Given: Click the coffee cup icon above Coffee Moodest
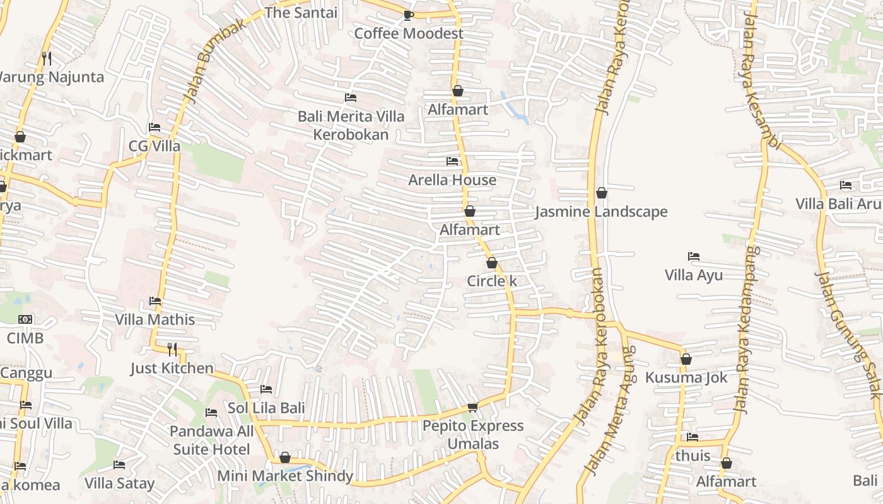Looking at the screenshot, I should [x=408, y=15].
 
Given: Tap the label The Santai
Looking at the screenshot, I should [x=301, y=13].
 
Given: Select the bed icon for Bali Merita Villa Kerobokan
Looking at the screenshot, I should [x=351, y=98].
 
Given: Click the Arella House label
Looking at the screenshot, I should [x=452, y=180].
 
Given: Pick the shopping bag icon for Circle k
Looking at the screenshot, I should [x=492, y=263].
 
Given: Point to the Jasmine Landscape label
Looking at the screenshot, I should [x=601, y=212].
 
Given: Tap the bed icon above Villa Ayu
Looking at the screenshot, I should [x=694, y=256].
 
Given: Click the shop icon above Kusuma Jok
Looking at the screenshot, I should [x=686, y=359].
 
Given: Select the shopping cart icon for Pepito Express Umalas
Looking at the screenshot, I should [x=472, y=408].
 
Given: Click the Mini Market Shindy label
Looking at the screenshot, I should [x=285, y=476].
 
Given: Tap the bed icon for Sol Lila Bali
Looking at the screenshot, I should [x=266, y=389].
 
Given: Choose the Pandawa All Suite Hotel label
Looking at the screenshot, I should [x=211, y=440].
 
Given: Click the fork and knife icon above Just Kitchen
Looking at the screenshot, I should [x=172, y=349].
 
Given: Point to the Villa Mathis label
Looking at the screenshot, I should [x=155, y=319].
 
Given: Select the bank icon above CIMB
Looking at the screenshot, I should [x=25, y=319].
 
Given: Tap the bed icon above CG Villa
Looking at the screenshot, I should [x=155, y=127].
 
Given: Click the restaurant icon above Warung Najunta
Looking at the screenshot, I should [x=46, y=58].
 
